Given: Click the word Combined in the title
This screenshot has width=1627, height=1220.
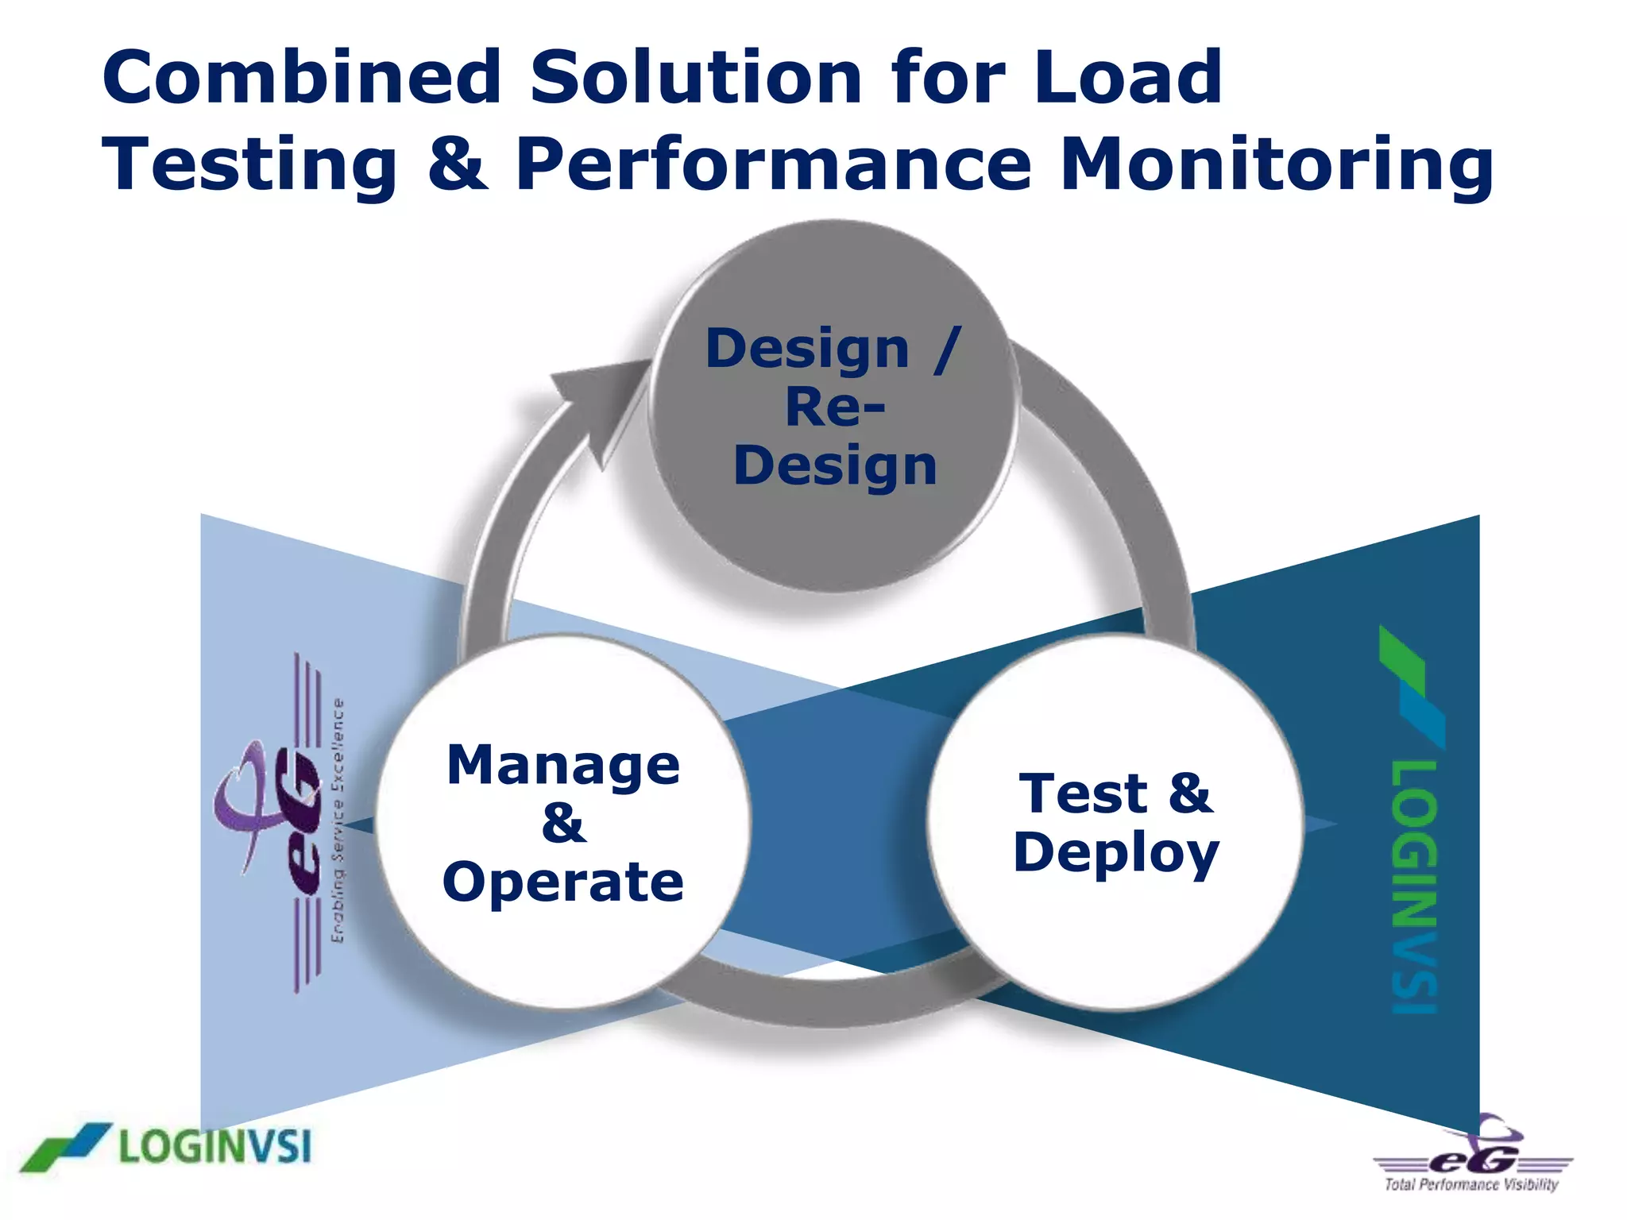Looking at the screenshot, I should point(302,77).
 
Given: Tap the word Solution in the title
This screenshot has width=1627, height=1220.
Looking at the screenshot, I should point(696,77).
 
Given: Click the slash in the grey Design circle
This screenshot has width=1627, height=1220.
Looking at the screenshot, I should point(947,349).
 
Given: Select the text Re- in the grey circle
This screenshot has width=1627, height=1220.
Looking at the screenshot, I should point(834,407).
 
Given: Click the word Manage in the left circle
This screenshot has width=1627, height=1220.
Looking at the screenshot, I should point(563,765).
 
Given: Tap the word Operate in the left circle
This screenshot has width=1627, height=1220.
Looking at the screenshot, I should point(563,882).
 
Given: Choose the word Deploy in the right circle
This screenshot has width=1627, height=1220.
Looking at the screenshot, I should point(1116,853).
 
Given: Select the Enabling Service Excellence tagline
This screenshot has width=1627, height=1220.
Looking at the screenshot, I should point(338,821).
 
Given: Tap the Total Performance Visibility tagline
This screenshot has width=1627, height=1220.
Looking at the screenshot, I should point(1471,1185).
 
